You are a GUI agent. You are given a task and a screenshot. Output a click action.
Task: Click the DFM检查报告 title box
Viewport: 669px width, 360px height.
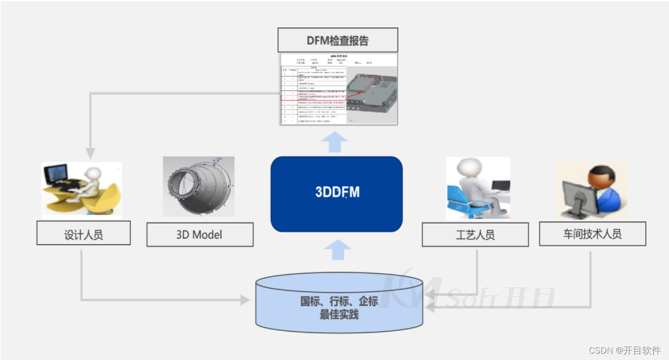338,41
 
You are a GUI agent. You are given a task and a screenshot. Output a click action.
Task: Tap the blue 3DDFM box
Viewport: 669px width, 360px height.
337,193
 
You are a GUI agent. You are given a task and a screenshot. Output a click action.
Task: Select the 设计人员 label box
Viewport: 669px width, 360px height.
83,233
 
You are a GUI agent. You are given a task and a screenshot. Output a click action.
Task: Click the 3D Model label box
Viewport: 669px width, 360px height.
200,234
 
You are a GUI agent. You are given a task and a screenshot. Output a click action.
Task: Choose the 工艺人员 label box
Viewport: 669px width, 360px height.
475,234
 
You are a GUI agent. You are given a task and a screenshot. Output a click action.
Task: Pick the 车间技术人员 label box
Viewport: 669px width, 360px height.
592,233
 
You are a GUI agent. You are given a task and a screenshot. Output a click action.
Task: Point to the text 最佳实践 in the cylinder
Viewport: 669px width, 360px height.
339,315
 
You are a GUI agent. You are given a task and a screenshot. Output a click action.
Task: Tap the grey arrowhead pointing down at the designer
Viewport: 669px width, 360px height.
90,153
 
